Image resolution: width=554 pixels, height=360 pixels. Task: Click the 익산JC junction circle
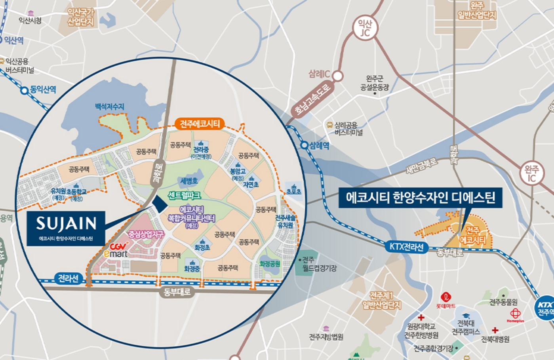(x=365, y=28)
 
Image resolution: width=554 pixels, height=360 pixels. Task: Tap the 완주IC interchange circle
(x=532, y=173)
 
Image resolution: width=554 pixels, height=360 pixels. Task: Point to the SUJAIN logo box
(x=66, y=228)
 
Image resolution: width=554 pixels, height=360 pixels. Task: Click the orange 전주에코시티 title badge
(x=200, y=124)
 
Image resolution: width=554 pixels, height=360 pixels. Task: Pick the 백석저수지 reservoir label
(x=110, y=107)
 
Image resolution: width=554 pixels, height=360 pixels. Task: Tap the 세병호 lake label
(x=189, y=181)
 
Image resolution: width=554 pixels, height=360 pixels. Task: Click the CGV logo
(x=119, y=246)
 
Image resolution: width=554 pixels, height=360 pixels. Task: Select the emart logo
(x=116, y=254)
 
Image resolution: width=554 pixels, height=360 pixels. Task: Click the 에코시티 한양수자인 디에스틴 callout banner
(x=421, y=198)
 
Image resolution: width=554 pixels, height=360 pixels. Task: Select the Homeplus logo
(x=515, y=316)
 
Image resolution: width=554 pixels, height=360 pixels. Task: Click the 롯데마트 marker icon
(x=446, y=297)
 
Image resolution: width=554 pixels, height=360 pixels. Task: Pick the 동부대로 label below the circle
(x=177, y=293)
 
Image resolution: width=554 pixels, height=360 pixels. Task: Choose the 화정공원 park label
(x=270, y=264)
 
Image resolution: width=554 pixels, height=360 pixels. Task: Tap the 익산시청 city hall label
(x=30, y=20)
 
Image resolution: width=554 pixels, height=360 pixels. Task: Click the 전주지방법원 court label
(x=326, y=337)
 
